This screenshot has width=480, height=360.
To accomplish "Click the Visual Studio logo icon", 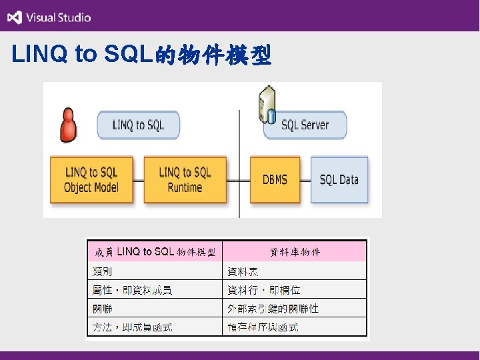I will coord(15,17).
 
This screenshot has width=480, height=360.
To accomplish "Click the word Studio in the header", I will coord(73,18).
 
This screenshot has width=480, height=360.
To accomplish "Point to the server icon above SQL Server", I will coord(267,104).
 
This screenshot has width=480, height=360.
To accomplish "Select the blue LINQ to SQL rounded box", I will coord(139,125).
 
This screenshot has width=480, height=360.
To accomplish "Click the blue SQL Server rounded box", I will coord(305,125).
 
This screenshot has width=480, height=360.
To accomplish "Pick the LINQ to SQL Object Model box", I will coord(92,179).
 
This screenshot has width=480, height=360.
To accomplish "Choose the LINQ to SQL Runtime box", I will coord(185,179).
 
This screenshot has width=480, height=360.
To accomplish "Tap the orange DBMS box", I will coord(275,179).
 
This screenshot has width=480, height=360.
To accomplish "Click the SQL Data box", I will coord(339,179).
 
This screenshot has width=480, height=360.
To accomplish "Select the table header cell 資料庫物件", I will coord(295,252).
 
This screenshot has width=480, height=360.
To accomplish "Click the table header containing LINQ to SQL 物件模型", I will coord(155,252).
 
